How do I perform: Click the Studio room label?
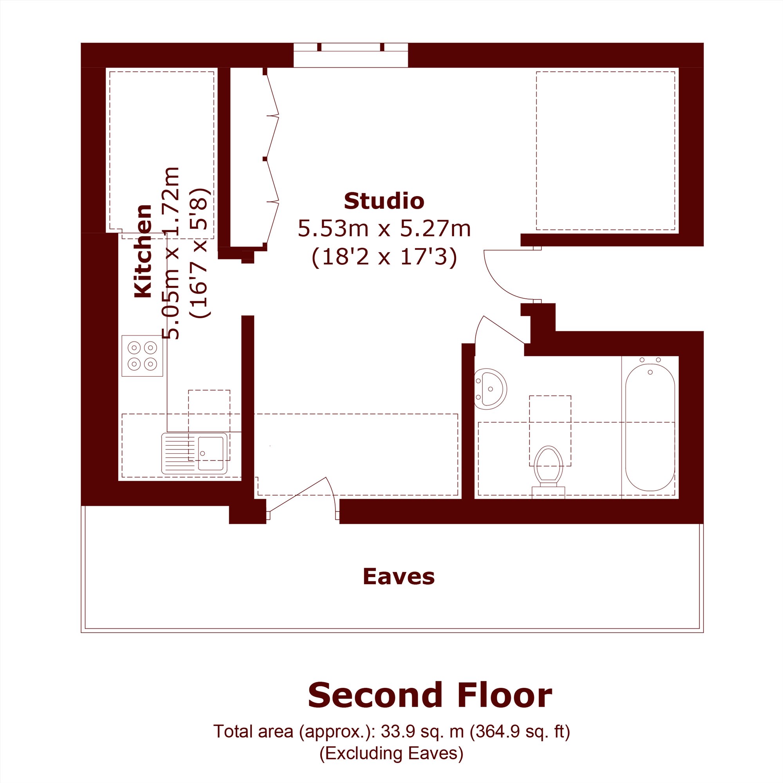384,201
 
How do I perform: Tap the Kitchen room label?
143,251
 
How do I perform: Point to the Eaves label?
399,576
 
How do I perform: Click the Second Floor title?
430,695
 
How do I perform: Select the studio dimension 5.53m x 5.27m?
384,229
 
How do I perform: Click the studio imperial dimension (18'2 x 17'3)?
384,256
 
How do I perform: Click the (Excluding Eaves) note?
391,753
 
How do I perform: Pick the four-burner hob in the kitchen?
142,356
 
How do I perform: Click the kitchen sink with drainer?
194,453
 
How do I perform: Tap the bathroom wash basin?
491,389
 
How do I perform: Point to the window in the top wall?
350,55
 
